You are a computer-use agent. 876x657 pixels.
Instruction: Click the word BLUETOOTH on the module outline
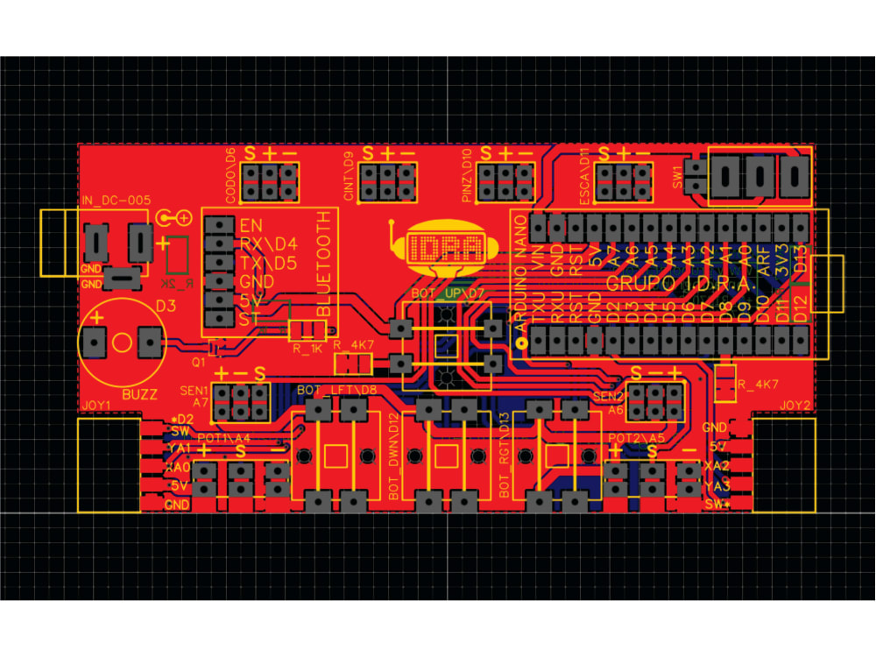pos(327,264)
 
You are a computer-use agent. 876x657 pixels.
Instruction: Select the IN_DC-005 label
pos(115,201)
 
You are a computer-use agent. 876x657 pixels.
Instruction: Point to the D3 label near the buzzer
pos(166,306)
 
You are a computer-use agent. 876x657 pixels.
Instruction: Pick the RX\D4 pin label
pos(268,244)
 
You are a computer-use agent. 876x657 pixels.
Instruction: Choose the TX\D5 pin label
pos(268,263)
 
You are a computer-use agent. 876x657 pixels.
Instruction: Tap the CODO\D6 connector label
pos(230,175)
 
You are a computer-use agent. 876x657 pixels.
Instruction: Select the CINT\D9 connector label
pos(348,176)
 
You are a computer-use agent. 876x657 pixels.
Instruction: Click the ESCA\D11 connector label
pos(584,176)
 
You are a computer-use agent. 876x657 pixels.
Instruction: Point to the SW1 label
pos(677,176)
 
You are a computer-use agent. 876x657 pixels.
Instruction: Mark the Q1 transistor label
pos(198,359)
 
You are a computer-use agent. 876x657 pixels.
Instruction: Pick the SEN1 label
pos(193,391)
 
